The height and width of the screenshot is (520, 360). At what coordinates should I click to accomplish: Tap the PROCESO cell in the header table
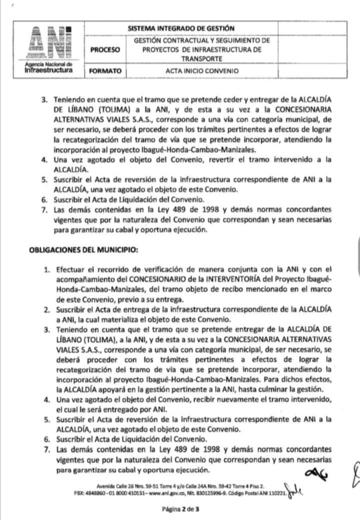[105, 50]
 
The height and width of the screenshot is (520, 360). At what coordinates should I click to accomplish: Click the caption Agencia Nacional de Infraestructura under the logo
[48, 68]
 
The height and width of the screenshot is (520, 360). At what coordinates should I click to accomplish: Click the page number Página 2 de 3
[180, 510]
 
